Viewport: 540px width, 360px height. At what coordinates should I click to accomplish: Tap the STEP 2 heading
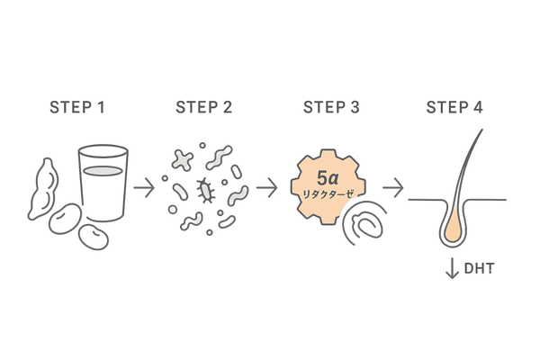[202, 109]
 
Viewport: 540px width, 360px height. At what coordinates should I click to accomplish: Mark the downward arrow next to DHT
[453, 269]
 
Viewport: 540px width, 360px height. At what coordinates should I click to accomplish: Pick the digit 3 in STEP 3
[355, 109]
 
